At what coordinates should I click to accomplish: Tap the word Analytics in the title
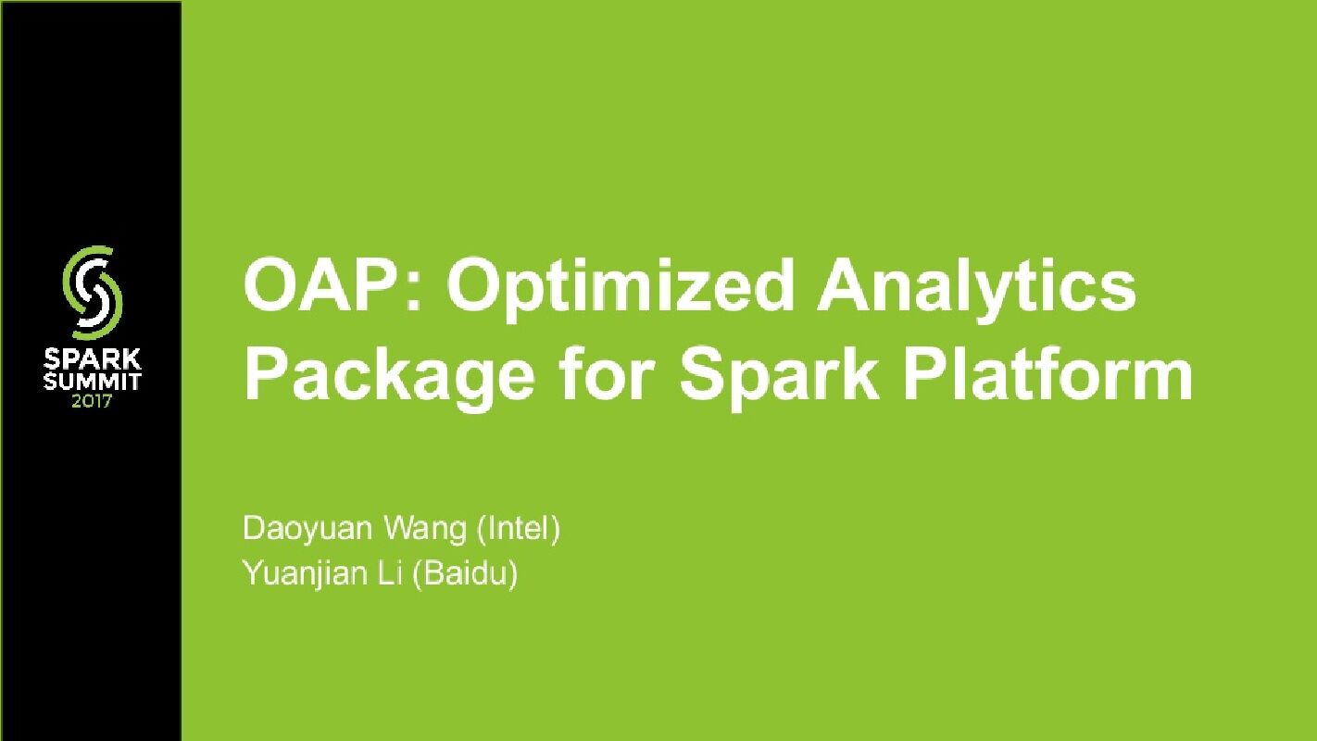click(x=975, y=287)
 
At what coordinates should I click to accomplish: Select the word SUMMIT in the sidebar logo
click(x=93, y=382)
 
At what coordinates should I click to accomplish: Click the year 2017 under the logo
click(x=93, y=402)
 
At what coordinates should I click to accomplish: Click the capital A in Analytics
click(x=845, y=287)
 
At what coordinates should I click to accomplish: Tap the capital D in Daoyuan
click(x=253, y=530)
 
